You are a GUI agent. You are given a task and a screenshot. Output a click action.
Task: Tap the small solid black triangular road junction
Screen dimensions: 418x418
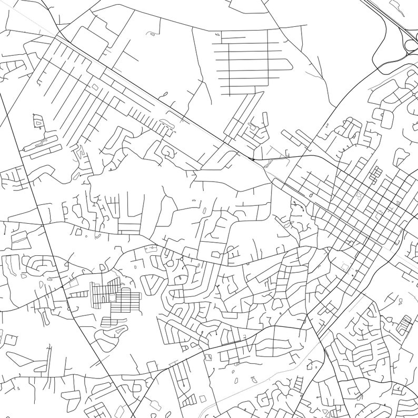pos(254,158)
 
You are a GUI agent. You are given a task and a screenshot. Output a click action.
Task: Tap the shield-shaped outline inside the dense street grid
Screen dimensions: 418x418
pos(360,195)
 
